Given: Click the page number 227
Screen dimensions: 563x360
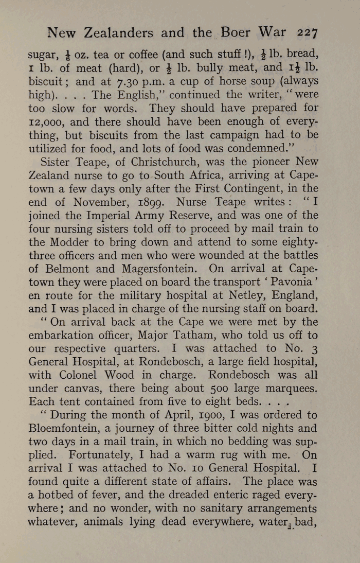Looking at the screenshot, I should (308, 33).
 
